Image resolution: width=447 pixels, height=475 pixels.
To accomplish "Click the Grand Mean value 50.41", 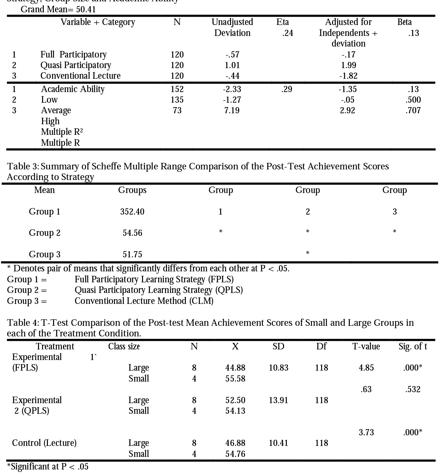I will click(86, 9).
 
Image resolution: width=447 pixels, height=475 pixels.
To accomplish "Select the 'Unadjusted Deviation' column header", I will click(232, 27).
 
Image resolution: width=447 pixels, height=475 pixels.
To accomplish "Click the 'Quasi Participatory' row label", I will click(76, 65).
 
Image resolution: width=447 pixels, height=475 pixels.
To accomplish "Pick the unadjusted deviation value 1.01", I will click(232, 65).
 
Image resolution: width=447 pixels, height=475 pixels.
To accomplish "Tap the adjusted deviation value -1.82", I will click(348, 76).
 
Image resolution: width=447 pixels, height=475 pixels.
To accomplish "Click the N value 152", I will click(177, 89).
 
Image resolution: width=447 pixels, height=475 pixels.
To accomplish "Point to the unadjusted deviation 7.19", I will click(232, 110).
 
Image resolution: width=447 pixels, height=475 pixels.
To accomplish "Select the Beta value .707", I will click(413, 110).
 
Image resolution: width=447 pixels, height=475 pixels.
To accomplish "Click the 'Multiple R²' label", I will click(62, 132).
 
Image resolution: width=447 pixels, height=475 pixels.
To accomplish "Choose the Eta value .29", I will click(286, 89).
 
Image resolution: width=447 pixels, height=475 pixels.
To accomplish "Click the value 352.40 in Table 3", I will click(132, 212).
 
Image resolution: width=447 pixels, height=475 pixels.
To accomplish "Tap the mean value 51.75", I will click(132, 255).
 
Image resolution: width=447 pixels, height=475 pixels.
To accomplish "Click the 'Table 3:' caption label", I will click(23, 166).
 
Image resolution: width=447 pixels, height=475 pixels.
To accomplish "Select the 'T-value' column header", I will click(366, 347).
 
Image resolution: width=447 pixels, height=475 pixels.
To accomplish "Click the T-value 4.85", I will click(366, 368).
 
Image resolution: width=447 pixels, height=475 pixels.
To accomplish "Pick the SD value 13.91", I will click(278, 400).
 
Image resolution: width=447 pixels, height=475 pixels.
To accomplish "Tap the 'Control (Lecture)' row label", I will click(44, 443).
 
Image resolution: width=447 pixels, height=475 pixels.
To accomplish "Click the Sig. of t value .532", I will click(412, 389).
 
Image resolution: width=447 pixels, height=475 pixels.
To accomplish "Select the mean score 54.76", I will click(235, 454).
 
